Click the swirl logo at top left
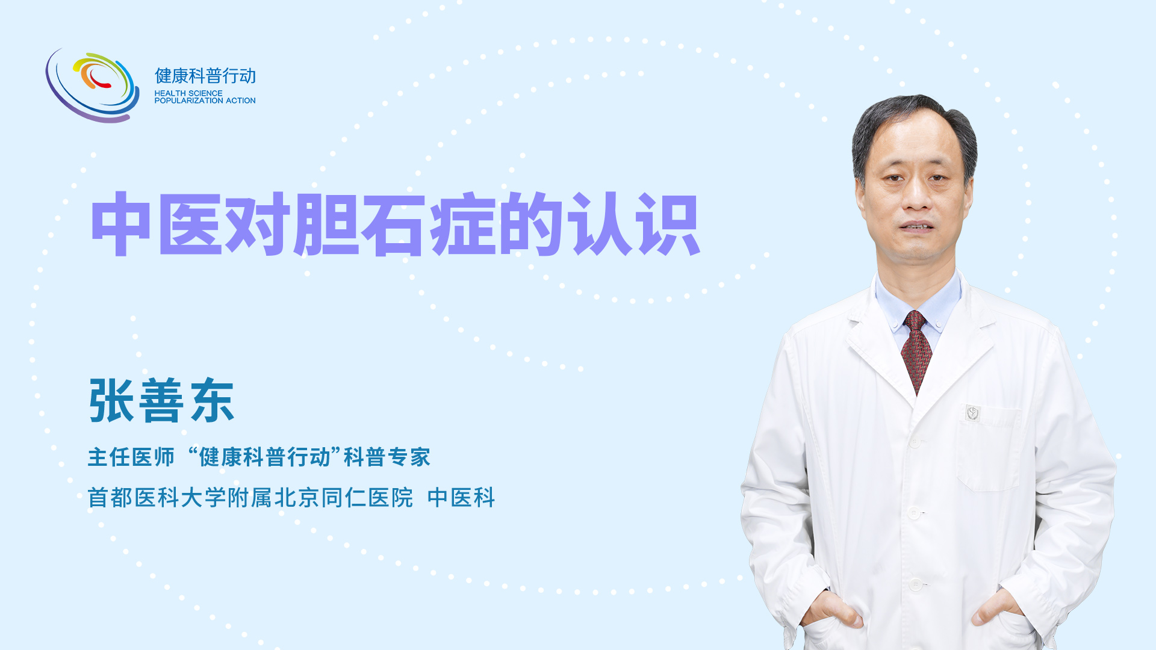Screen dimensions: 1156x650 (x=92, y=85)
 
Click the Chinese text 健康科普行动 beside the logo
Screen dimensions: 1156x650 (x=205, y=76)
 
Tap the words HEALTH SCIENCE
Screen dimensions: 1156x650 (x=188, y=93)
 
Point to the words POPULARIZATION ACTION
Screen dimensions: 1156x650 (x=205, y=101)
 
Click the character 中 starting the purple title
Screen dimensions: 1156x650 (x=120, y=224)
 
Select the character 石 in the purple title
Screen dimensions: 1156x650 (x=394, y=224)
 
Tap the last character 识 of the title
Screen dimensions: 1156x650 (x=669, y=224)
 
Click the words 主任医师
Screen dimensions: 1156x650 (x=131, y=457)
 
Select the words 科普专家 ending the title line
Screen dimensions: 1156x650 (x=387, y=457)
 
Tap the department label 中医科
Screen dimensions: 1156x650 (x=461, y=498)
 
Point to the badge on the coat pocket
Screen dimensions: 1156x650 (x=973, y=413)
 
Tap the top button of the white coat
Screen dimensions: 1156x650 (x=915, y=442)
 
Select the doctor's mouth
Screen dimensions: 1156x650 (x=916, y=226)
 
